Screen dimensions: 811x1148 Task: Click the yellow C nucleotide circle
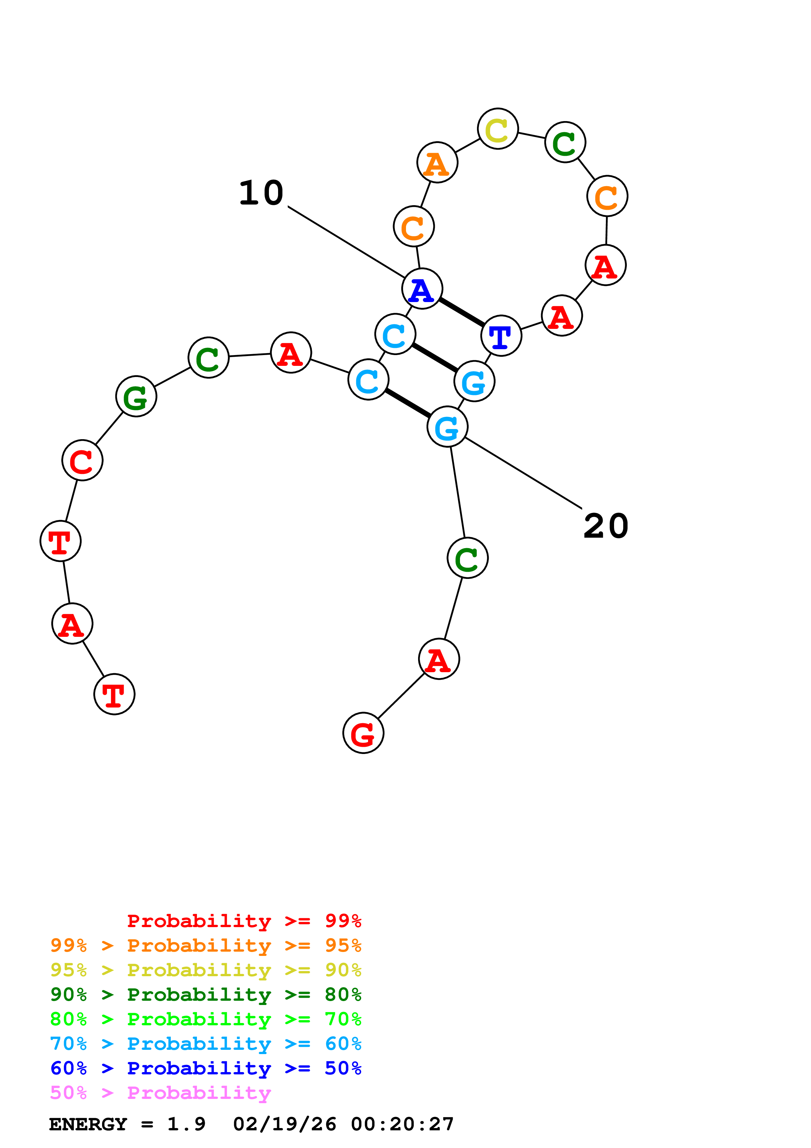click(x=497, y=129)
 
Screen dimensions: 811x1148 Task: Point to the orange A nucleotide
click(x=437, y=163)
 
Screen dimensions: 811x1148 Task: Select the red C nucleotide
click(x=82, y=460)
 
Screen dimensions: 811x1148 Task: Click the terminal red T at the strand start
click(x=115, y=694)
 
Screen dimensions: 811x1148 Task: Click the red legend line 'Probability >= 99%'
click(x=244, y=921)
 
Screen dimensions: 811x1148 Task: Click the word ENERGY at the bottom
click(x=88, y=1124)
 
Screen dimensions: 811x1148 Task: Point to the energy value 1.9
click(x=186, y=1124)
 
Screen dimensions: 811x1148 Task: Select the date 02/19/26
click(x=284, y=1124)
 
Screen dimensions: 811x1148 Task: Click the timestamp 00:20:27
click(x=402, y=1124)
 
